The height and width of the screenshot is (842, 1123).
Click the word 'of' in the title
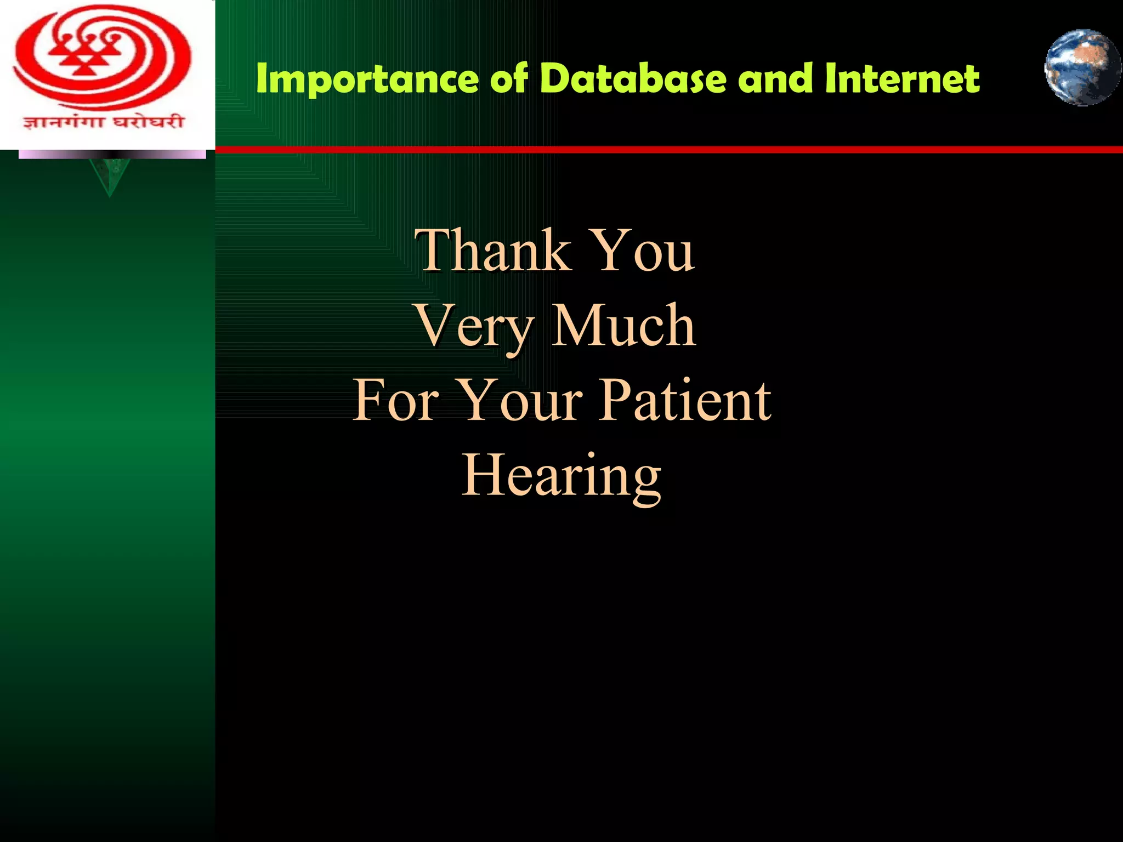509,78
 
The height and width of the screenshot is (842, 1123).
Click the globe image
1082,68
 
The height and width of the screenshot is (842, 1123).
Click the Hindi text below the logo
103,122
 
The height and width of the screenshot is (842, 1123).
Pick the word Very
475,327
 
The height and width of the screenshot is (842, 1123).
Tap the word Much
623,326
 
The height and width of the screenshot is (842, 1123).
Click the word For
395,401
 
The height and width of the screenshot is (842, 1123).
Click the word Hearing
561,476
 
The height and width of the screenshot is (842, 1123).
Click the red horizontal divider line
658,150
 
